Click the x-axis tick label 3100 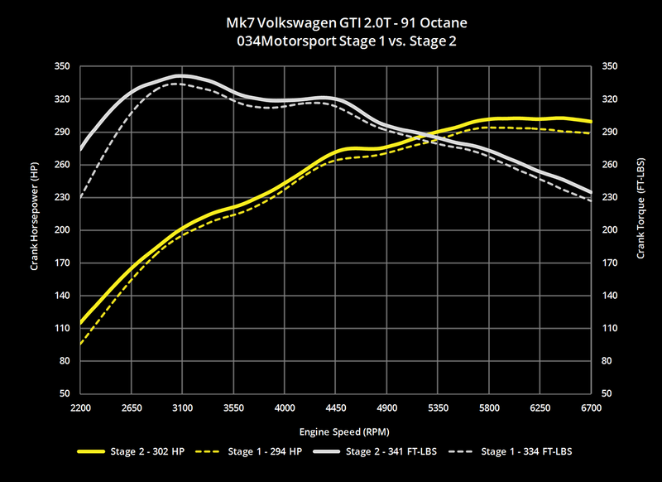tap(183, 409)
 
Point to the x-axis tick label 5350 tap(438, 409)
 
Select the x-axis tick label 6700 tap(591, 409)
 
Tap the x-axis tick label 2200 tap(80, 409)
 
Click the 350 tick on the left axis tap(62, 66)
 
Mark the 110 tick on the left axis tap(62, 328)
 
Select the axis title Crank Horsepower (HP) tap(35, 229)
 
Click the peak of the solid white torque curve tap(180, 75)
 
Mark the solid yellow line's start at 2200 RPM tap(81, 323)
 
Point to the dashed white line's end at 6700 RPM tap(590, 201)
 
